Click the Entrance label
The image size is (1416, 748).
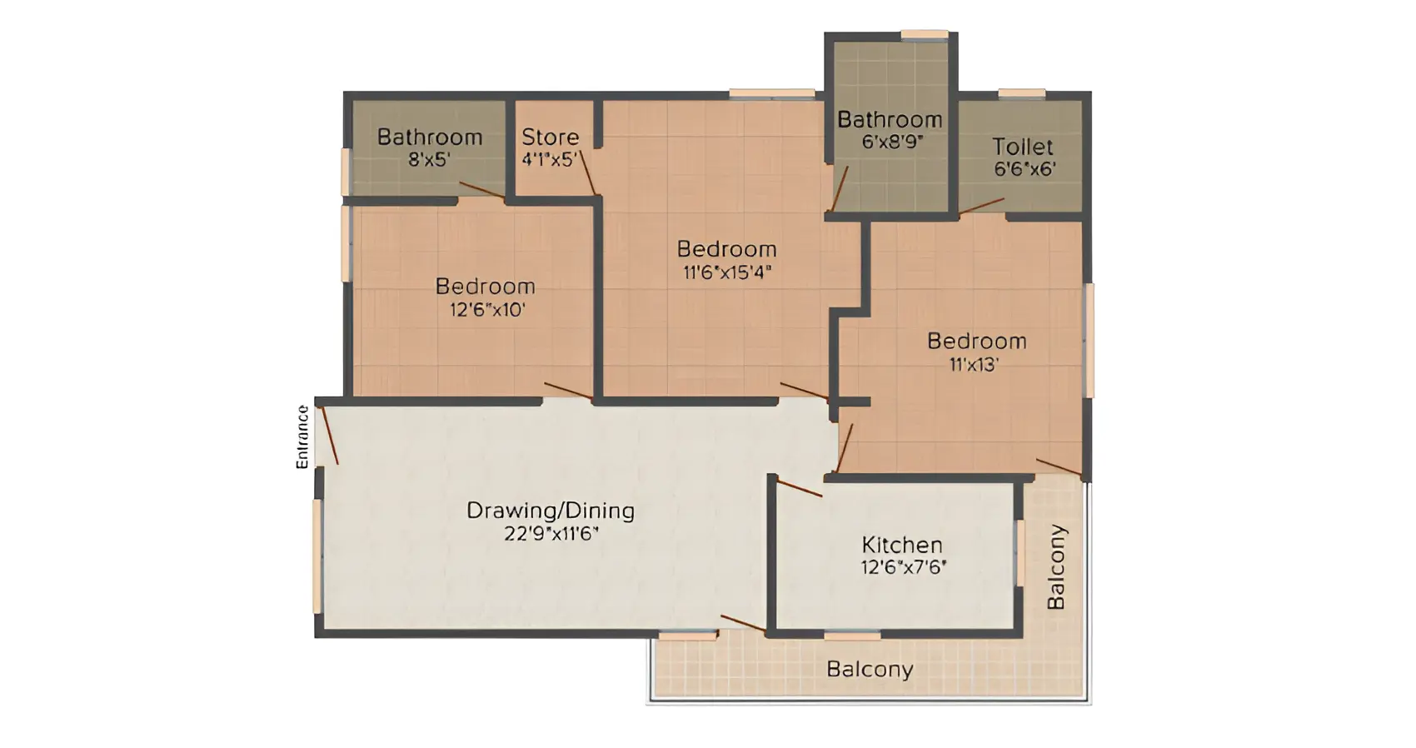303,437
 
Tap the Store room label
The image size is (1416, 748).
550,137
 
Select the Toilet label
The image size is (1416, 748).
1023,147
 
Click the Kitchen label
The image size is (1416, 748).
902,545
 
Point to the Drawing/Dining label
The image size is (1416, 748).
551,511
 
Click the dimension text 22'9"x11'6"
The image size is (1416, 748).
551,534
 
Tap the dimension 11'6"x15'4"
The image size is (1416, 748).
728,272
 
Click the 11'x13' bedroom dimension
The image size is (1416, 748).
975,365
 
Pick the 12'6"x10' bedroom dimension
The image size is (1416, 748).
487,310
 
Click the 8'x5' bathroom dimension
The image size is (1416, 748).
429,159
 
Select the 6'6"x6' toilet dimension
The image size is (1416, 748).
1025,169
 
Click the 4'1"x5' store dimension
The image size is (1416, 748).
550,159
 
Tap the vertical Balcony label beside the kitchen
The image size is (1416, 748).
1056,566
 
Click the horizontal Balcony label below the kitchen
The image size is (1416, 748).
870,669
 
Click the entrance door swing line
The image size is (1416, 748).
330,436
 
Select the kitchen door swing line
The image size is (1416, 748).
799,488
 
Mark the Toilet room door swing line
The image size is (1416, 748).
981,206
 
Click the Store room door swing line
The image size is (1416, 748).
588,172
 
